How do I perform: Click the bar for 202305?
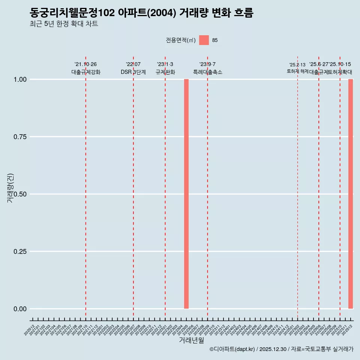click(x=186, y=194)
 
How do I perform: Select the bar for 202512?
click(x=351, y=194)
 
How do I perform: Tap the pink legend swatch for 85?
click(x=204, y=40)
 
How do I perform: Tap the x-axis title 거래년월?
click(x=192, y=340)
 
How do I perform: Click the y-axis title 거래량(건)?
click(x=10, y=188)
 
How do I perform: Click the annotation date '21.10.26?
click(x=85, y=64)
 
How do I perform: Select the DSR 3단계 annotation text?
click(x=133, y=72)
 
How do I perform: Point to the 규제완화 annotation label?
click(x=165, y=72)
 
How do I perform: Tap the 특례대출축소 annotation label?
click(x=208, y=72)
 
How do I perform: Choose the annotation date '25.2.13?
click(x=297, y=65)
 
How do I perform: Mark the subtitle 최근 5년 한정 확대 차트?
click(x=64, y=24)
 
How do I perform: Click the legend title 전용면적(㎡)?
click(x=180, y=40)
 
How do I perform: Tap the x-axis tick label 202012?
click(x=30, y=330)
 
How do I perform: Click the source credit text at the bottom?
click(x=281, y=349)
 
